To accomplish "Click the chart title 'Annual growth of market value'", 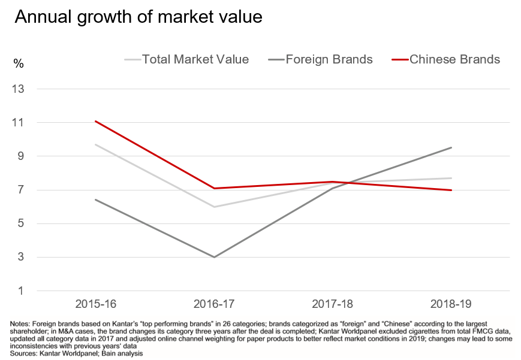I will [x=138, y=17].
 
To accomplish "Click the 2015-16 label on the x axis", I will [x=95, y=304].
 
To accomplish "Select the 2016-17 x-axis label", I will [x=214, y=304].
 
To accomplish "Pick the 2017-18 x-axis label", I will [x=333, y=304].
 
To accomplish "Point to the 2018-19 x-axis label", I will [x=451, y=304].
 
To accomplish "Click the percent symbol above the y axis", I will [x=19, y=64].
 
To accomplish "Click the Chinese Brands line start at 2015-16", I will [x=96, y=121].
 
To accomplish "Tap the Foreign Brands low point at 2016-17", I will [x=214, y=257].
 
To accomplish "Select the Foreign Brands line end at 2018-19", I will [x=451, y=147].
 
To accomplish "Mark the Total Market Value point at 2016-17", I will [x=214, y=207].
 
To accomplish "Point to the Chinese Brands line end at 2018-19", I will [x=451, y=190].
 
